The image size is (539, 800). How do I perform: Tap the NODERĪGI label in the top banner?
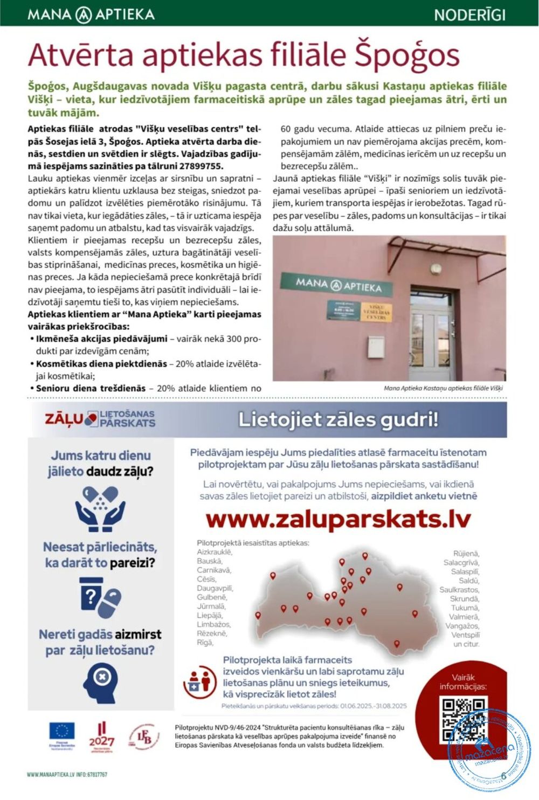(x=469, y=15)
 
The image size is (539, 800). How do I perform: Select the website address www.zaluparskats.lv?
(x=338, y=519)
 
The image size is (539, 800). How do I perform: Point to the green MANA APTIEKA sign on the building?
(x=338, y=284)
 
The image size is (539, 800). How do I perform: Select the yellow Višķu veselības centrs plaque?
(x=376, y=312)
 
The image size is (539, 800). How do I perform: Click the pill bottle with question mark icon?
(x=100, y=597)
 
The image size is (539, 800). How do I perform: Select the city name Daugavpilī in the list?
(x=215, y=588)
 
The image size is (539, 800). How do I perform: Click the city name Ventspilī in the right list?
(x=465, y=635)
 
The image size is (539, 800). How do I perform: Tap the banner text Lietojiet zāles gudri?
(x=338, y=419)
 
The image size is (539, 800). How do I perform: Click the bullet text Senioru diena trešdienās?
(x=91, y=388)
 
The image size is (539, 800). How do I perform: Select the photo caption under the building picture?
(x=443, y=388)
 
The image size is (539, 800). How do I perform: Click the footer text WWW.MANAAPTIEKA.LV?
(x=50, y=775)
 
